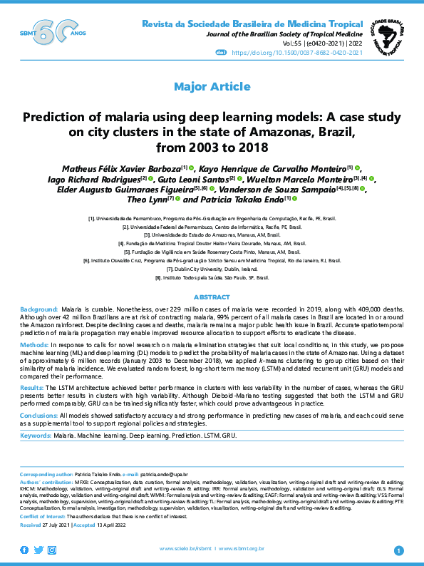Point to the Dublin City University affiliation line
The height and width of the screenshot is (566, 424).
click(212, 269)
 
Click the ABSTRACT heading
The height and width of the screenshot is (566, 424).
click(212, 296)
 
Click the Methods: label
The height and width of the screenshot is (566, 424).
click(34, 344)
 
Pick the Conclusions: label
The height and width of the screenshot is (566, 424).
click(38, 416)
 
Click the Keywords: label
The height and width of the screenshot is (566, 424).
click(36, 435)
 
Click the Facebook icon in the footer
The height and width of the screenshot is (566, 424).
click(25, 550)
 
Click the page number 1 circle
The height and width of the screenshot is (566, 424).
click(398, 550)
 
